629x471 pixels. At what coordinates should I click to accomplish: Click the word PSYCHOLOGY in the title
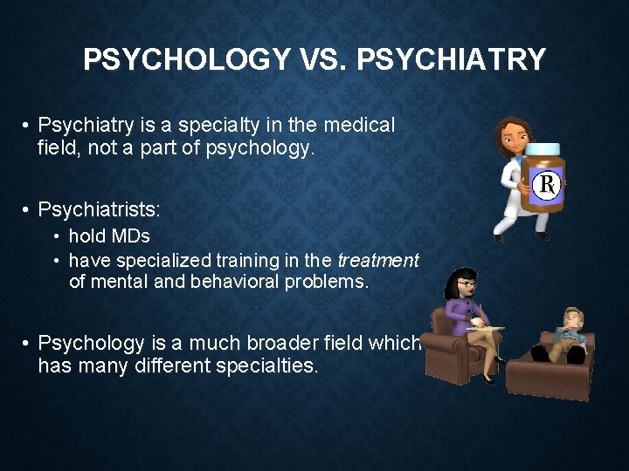coord(186,60)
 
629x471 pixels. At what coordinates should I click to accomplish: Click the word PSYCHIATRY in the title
coord(452,60)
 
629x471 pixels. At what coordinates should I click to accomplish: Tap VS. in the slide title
coord(323,60)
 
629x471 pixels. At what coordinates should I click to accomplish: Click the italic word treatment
coord(378,260)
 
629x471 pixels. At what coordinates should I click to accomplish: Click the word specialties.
coord(269,365)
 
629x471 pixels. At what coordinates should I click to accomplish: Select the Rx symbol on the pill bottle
coord(548,184)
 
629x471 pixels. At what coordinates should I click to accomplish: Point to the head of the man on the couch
coord(573,319)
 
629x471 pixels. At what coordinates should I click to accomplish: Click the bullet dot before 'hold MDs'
coord(56,236)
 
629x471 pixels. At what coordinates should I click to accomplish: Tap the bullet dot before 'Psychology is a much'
coord(27,342)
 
